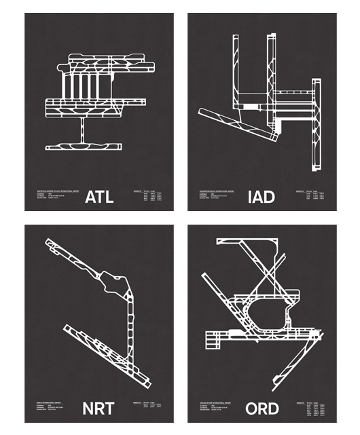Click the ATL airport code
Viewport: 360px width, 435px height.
click(99, 197)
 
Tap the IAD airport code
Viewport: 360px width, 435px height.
click(261, 197)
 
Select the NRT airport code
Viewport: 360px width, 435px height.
click(99, 409)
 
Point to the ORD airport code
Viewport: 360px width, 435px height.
click(261, 409)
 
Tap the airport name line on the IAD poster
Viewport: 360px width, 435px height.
click(217, 191)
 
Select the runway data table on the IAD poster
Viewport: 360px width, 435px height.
click(312, 197)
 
